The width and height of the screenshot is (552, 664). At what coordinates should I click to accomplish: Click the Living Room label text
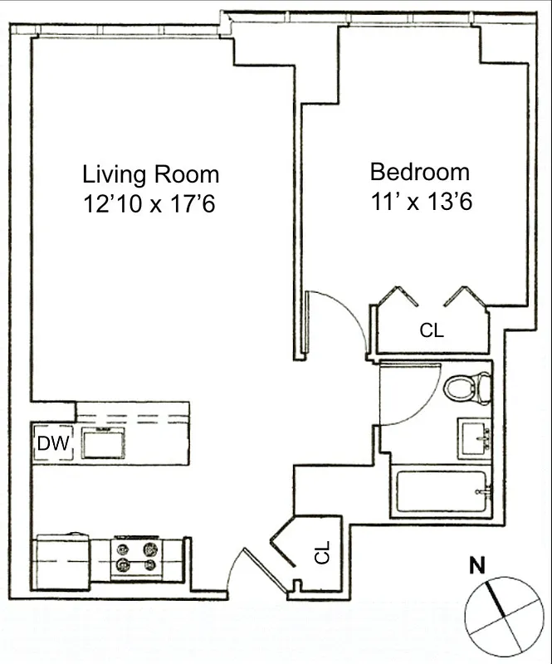[150, 175]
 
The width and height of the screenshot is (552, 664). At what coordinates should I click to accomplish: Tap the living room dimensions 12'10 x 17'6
[150, 203]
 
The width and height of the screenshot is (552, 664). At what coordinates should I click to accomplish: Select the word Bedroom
[419, 173]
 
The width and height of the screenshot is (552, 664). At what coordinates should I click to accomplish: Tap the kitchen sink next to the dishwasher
[104, 444]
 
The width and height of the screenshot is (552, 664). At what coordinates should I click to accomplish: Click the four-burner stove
[136, 557]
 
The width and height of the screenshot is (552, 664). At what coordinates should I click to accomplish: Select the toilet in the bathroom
[467, 388]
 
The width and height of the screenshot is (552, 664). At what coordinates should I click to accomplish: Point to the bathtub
[441, 493]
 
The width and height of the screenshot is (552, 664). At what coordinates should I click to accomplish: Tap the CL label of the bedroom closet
[432, 330]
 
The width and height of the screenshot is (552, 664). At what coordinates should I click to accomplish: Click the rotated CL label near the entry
[322, 552]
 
